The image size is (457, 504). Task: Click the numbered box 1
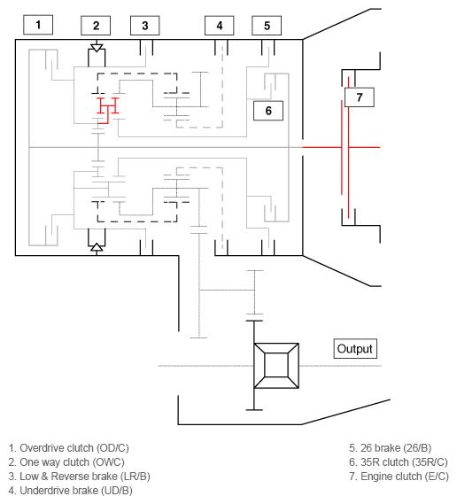point(37,24)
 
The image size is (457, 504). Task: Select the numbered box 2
point(96,26)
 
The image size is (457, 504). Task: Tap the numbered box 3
point(144,26)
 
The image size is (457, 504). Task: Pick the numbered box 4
point(219,26)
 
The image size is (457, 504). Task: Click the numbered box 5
point(267,26)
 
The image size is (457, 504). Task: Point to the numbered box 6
point(267,110)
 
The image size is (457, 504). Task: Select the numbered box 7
point(359,97)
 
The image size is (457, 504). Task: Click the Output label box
point(355,348)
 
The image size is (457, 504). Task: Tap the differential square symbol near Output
point(277,365)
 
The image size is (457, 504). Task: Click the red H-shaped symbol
point(107,109)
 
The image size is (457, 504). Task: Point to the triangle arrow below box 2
point(97,47)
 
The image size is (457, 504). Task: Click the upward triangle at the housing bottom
point(97,249)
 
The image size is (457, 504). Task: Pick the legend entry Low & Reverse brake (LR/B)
point(74,475)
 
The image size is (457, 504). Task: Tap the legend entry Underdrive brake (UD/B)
point(69,489)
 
